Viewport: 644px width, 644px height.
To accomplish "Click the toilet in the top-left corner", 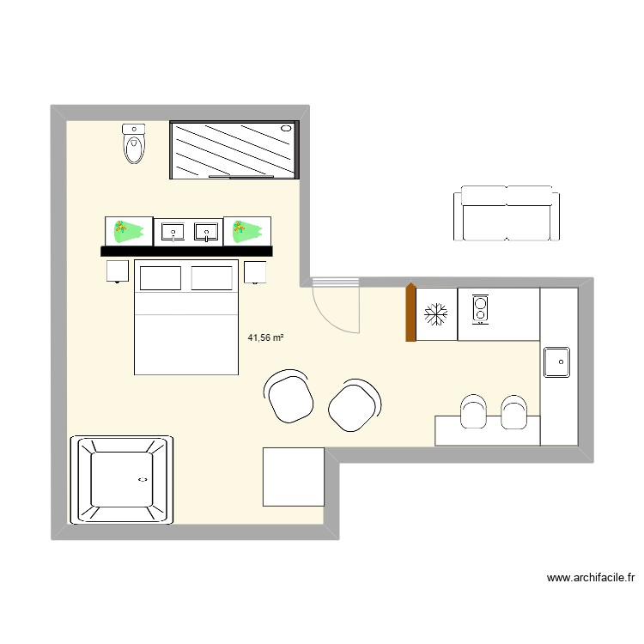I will [x=135, y=143].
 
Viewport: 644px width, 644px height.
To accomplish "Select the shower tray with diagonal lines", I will [x=236, y=149].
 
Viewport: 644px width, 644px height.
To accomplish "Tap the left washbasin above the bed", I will [x=173, y=231].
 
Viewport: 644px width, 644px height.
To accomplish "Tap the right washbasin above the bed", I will [x=206, y=231].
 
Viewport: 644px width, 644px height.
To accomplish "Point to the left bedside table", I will [x=118, y=272].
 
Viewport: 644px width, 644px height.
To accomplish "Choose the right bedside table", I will [x=255, y=272].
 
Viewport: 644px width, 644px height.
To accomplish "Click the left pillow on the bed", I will [x=161, y=278].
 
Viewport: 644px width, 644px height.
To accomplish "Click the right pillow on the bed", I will [x=213, y=278].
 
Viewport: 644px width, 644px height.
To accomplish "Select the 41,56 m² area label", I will [x=265, y=338].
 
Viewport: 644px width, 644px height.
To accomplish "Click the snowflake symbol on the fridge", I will [x=436, y=314].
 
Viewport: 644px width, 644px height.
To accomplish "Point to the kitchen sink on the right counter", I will [x=557, y=361].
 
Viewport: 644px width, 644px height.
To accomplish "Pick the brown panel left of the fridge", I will [x=410, y=313].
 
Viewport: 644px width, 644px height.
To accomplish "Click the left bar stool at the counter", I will [x=472, y=412].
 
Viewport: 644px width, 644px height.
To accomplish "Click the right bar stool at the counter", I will [x=514, y=412].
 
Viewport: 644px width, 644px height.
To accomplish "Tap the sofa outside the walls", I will [x=506, y=214].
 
